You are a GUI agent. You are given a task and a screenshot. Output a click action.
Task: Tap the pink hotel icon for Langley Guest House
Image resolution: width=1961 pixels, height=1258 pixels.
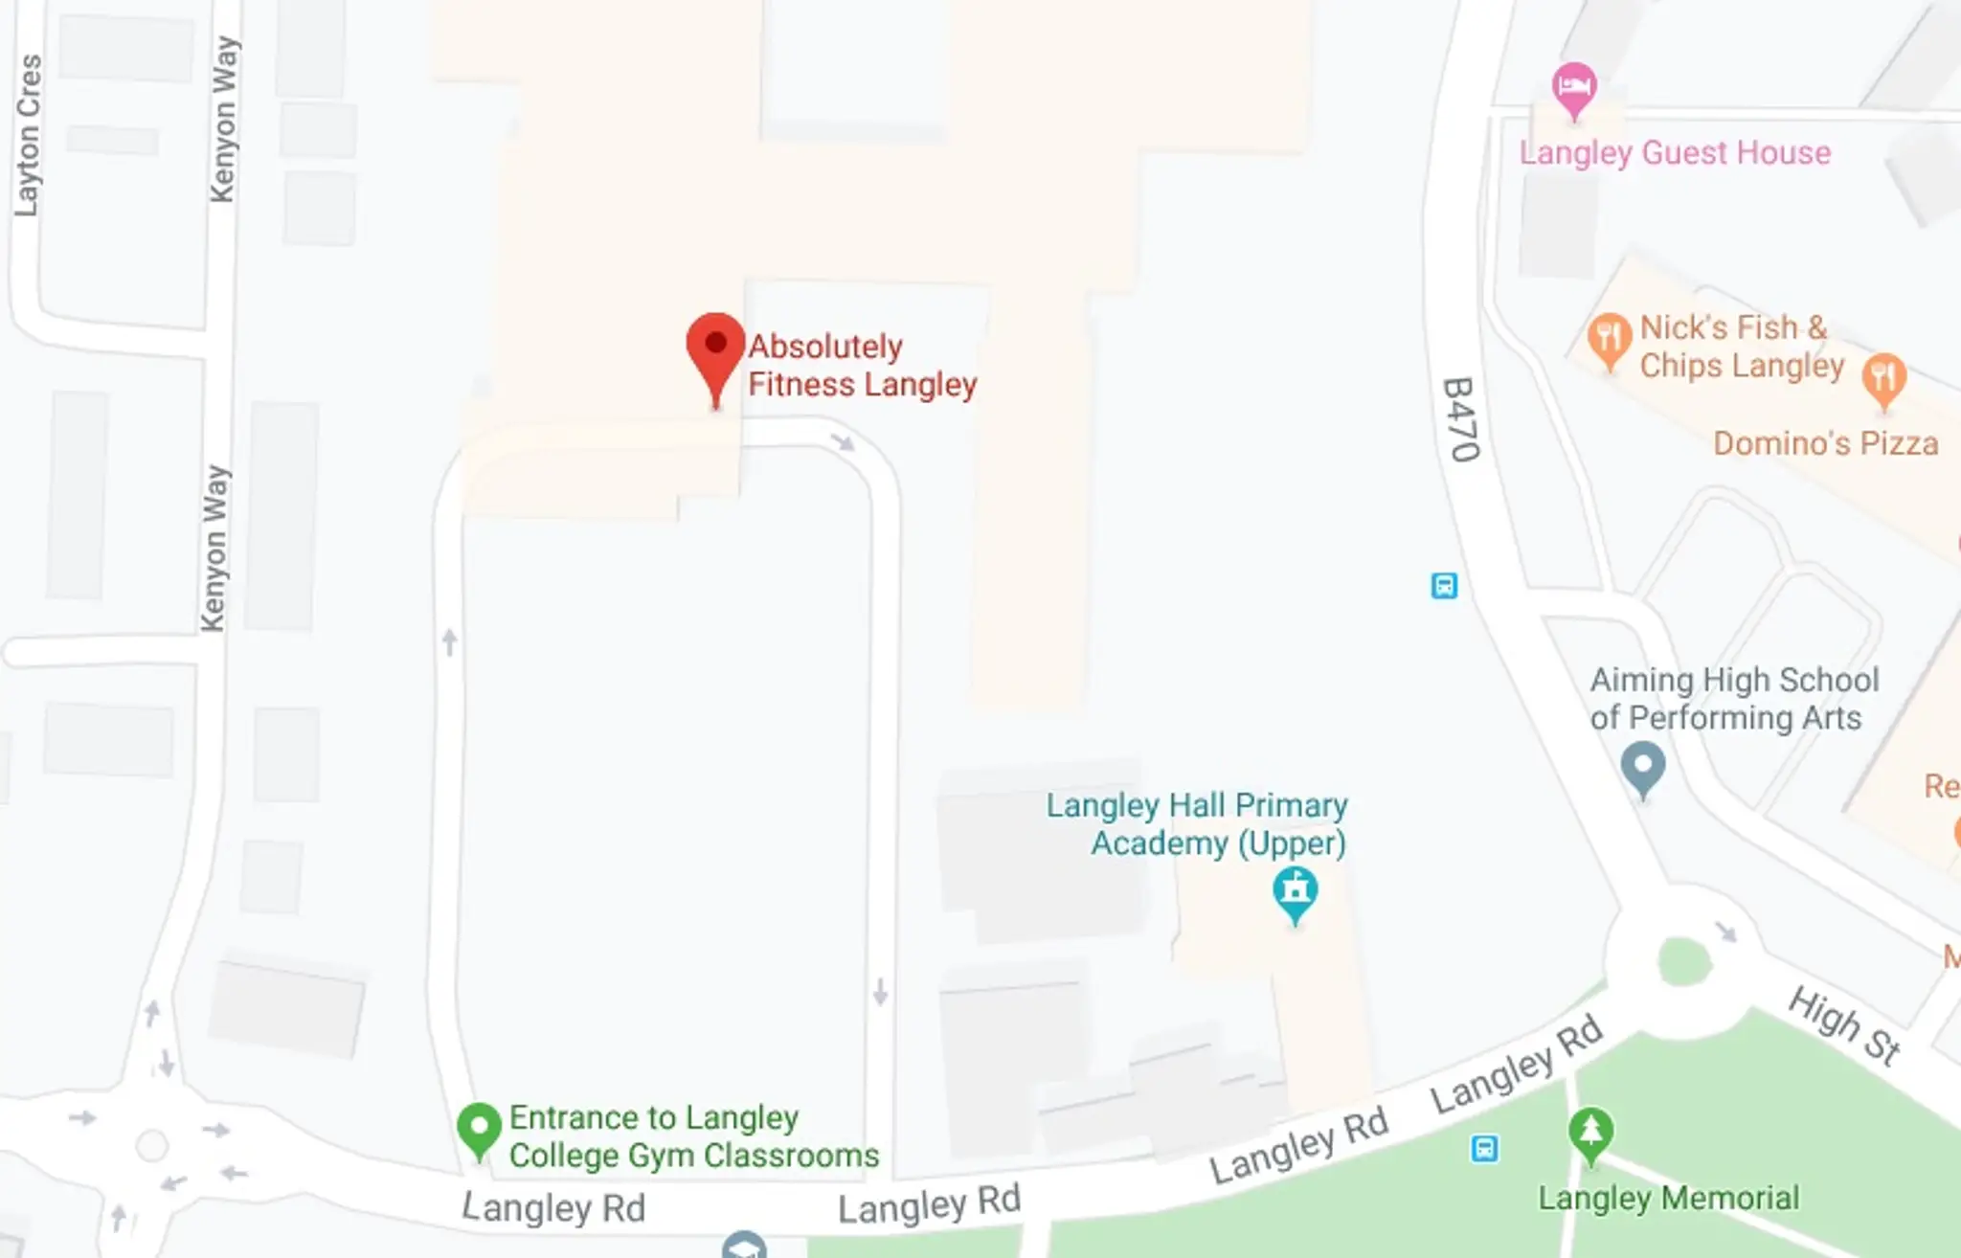click(1573, 88)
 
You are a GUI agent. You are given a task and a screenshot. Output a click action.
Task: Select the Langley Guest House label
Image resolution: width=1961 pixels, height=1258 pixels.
click(1675, 153)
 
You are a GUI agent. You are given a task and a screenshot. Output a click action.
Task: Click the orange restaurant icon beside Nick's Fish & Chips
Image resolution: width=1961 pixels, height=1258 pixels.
click(1610, 337)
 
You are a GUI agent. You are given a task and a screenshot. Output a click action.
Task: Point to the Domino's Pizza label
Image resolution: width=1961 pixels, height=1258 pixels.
click(1825, 444)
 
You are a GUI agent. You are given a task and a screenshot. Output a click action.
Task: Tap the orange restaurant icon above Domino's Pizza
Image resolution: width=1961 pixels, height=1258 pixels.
click(1883, 378)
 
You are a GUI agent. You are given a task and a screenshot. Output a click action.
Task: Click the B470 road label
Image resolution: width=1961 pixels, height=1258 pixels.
click(1461, 419)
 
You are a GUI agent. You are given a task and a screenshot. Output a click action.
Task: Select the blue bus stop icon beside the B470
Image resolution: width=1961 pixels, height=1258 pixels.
click(1444, 585)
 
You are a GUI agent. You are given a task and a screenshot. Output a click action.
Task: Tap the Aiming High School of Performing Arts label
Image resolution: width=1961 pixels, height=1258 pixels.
click(1733, 699)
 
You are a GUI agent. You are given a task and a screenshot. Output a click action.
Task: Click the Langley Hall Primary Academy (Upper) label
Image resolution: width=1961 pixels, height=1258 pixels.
click(1197, 824)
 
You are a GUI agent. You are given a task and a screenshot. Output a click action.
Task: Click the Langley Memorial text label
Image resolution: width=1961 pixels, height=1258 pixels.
click(1668, 1198)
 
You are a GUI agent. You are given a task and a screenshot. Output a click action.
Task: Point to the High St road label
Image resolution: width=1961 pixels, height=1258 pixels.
click(1844, 1025)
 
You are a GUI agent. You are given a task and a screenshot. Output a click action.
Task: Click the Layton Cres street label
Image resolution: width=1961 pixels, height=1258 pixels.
click(29, 134)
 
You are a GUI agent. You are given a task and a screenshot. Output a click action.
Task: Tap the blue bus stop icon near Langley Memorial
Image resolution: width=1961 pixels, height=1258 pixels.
click(1484, 1148)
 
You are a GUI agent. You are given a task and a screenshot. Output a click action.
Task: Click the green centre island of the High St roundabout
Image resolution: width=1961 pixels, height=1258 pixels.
click(1683, 961)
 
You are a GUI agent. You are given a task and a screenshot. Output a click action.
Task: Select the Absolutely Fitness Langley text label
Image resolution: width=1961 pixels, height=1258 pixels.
click(862, 366)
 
